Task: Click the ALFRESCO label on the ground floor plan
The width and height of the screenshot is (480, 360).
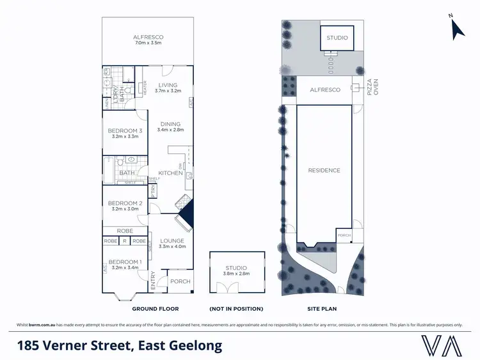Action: click(148, 37)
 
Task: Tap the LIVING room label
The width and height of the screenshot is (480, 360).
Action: click(168, 84)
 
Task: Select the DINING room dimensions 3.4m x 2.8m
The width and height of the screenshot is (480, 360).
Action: click(170, 130)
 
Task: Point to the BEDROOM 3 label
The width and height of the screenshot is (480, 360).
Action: click(124, 130)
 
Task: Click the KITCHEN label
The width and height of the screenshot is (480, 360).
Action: click(170, 173)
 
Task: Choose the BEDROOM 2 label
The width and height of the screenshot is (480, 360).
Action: click(124, 203)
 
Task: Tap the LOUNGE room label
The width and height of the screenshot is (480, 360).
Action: click(172, 241)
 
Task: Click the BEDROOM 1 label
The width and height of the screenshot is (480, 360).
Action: click(124, 262)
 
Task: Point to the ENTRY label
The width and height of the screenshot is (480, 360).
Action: click(153, 281)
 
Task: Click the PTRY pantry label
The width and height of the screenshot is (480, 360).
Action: click(154, 191)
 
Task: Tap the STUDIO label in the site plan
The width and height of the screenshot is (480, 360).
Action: click(337, 38)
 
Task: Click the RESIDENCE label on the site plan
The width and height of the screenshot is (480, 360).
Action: click(324, 170)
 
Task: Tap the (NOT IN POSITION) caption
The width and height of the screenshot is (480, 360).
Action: click(237, 309)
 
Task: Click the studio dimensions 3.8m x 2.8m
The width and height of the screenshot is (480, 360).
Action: click(237, 274)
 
